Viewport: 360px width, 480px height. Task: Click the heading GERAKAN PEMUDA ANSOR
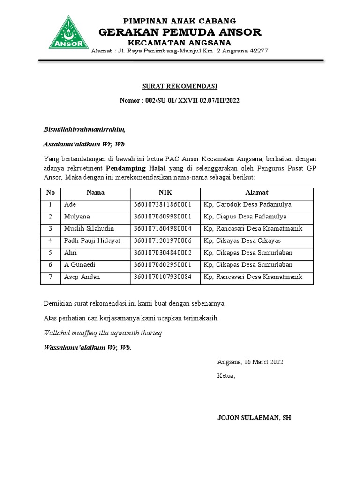coord(180,32)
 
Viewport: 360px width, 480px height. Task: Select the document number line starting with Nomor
coord(180,101)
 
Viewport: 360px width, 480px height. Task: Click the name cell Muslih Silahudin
coord(89,228)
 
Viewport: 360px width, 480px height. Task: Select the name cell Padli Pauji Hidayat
coord(92,240)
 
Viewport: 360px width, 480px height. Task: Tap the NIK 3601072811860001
coord(162,204)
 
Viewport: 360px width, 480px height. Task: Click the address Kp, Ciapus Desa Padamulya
coord(245,217)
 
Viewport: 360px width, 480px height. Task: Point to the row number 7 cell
coord(51,277)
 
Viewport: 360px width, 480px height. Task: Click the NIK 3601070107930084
coord(162,277)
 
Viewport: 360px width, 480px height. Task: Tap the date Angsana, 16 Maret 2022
coord(250,362)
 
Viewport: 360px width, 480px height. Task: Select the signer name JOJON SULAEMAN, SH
coord(254,417)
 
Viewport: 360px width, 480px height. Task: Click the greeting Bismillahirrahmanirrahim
coord(84,129)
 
